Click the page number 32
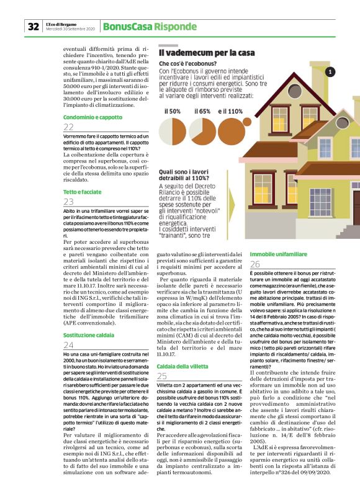point(32,27)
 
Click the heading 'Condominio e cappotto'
point(92,117)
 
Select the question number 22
point(68,127)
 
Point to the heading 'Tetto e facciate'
point(83,193)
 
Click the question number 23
point(68,202)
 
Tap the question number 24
point(69,345)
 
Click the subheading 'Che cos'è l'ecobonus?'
point(187,63)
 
